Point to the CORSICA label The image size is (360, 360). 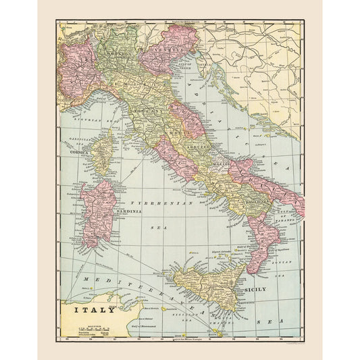82,153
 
